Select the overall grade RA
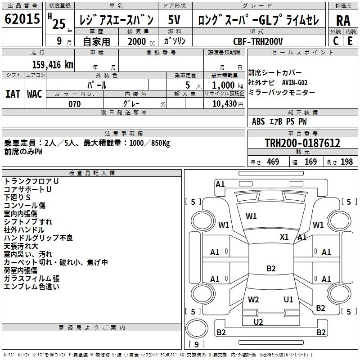[343, 20]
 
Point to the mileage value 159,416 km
[53, 65]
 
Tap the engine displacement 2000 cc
[135, 41]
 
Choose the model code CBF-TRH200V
[258, 41]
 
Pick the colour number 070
[75, 104]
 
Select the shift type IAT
[13, 94]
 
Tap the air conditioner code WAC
[35, 94]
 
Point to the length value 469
[273, 162]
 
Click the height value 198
[346, 162]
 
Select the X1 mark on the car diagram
[284, 237]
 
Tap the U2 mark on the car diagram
[258, 321]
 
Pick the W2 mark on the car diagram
[253, 300]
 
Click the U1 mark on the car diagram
[288, 300]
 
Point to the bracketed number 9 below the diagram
[196, 345]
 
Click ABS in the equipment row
[258, 121]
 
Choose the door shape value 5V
[175, 20]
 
